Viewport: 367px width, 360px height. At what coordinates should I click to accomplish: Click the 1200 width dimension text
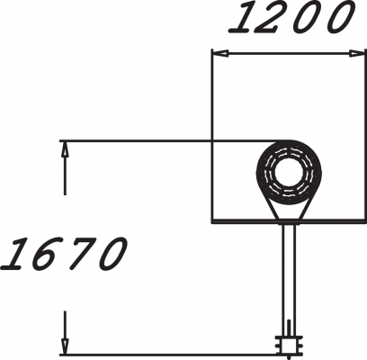(291, 18)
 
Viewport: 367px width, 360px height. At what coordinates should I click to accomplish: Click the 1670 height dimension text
(64, 254)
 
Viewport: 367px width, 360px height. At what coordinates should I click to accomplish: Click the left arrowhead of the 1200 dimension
(219, 54)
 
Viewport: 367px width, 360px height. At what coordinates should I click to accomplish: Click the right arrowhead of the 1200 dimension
(358, 54)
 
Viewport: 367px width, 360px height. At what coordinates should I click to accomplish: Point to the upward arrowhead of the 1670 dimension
(65, 148)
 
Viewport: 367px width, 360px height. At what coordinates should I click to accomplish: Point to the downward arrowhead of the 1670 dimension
(65, 346)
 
